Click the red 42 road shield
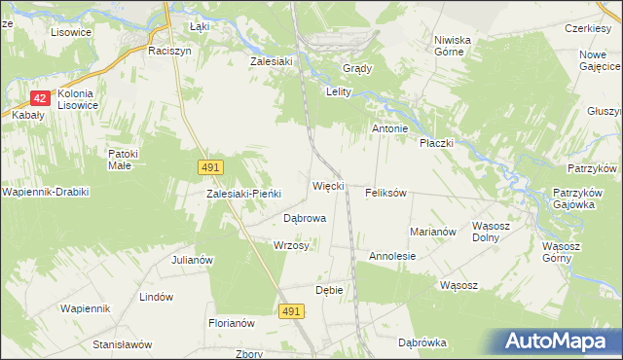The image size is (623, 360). pyautogui.click(x=40, y=98)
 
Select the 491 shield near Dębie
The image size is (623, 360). pyautogui.click(x=291, y=310)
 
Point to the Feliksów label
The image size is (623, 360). pyautogui.click(x=385, y=193)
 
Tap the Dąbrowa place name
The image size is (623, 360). pyautogui.click(x=304, y=219)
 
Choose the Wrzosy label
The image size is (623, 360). pyautogui.click(x=292, y=245)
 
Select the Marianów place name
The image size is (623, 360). pyautogui.click(x=433, y=232)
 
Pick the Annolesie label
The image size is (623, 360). pyautogui.click(x=392, y=256)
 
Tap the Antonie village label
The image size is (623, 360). pyautogui.click(x=389, y=128)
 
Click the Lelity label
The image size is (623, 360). pyautogui.click(x=337, y=92)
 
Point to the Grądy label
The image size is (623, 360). pyautogui.click(x=357, y=68)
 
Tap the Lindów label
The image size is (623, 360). pyautogui.click(x=157, y=297)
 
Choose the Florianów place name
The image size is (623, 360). pyautogui.click(x=231, y=323)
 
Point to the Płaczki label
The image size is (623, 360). pyautogui.click(x=437, y=143)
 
